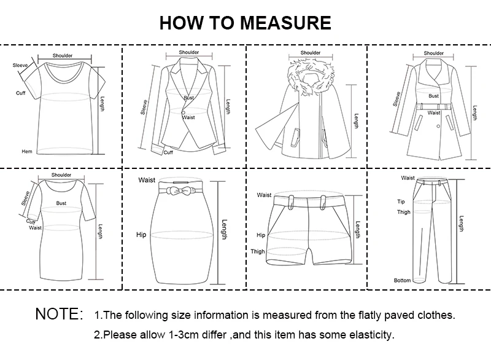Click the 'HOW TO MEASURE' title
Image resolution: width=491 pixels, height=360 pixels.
(245, 23)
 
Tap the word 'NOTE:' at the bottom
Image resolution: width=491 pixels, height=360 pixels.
(58, 315)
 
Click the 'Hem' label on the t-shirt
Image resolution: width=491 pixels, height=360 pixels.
(26, 151)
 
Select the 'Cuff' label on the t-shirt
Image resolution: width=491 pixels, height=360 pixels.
(20, 93)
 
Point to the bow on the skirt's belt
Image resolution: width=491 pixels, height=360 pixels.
(183, 191)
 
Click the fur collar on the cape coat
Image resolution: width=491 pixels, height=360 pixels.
(311, 74)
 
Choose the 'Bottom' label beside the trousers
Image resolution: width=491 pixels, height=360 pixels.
(402, 280)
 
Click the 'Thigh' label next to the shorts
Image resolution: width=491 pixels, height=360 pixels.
(258, 251)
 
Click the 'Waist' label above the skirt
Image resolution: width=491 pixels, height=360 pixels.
(146, 180)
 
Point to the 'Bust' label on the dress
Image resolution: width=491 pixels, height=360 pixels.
(61, 203)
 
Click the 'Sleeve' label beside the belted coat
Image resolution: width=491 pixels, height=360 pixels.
(397, 98)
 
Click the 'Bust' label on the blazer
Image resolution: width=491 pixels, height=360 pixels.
(188, 98)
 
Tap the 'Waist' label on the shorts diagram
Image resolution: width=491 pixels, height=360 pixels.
(264, 195)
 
